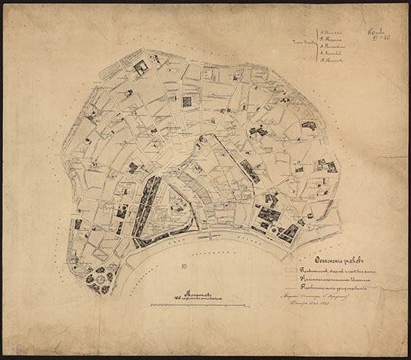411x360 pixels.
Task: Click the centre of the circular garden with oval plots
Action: (98, 279)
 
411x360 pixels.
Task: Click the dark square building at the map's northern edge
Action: (140, 67)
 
